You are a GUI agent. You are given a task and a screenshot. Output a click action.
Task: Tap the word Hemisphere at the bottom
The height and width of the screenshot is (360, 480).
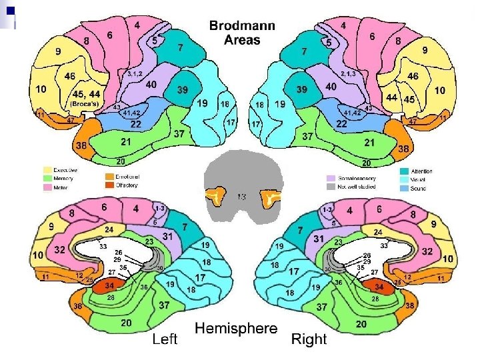(x=236, y=328)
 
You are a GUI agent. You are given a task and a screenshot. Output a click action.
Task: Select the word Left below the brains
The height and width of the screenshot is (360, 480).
(x=165, y=339)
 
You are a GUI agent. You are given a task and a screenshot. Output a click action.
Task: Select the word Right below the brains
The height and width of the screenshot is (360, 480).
(x=309, y=339)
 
